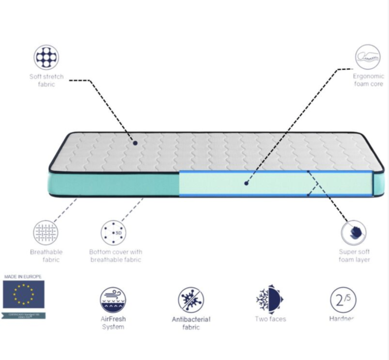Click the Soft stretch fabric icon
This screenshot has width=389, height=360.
[x=46, y=57]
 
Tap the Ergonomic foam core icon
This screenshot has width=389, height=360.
[x=367, y=57]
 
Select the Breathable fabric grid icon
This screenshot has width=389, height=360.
[x=46, y=232]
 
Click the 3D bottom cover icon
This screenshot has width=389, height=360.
[x=113, y=232]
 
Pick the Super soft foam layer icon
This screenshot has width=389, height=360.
[x=353, y=233]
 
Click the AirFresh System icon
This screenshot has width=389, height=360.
[x=113, y=299]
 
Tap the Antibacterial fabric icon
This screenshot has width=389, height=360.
[x=191, y=299]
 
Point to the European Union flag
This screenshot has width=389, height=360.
[x=23, y=295]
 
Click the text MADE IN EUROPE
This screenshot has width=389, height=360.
[x=23, y=277]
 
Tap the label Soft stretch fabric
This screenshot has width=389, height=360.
[x=46, y=81]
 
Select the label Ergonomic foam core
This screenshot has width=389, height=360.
[x=368, y=80]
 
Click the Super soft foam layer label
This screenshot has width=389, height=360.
[x=354, y=256]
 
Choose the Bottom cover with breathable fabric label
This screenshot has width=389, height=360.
[x=115, y=256]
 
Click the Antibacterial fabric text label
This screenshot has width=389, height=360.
[x=191, y=323]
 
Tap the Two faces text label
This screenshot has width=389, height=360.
[x=270, y=319]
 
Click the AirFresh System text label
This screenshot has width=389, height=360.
[x=113, y=323]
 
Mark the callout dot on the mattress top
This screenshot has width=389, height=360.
[x=136, y=143]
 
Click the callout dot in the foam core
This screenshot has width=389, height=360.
[x=247, y=183]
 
